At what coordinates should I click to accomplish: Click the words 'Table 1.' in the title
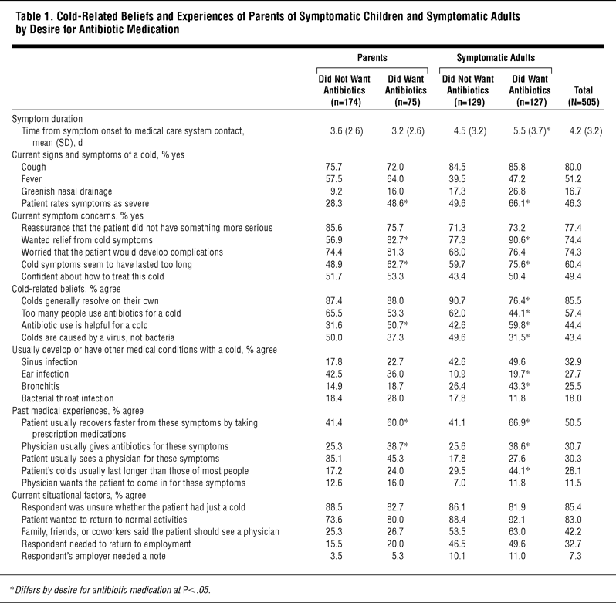(x=30, y=14)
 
